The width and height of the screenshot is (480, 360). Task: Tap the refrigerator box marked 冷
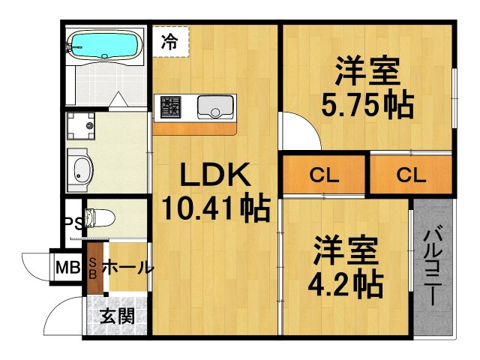171,41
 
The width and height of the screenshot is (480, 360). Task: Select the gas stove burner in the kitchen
169,108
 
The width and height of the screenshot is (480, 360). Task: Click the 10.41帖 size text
216,208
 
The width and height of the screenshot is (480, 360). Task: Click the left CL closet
324,177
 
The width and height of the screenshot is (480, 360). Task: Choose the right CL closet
411,177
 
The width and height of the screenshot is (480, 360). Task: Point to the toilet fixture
97,218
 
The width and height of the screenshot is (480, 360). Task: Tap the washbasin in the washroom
79,169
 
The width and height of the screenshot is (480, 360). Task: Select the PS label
71,223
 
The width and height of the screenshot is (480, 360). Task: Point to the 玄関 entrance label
118,316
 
